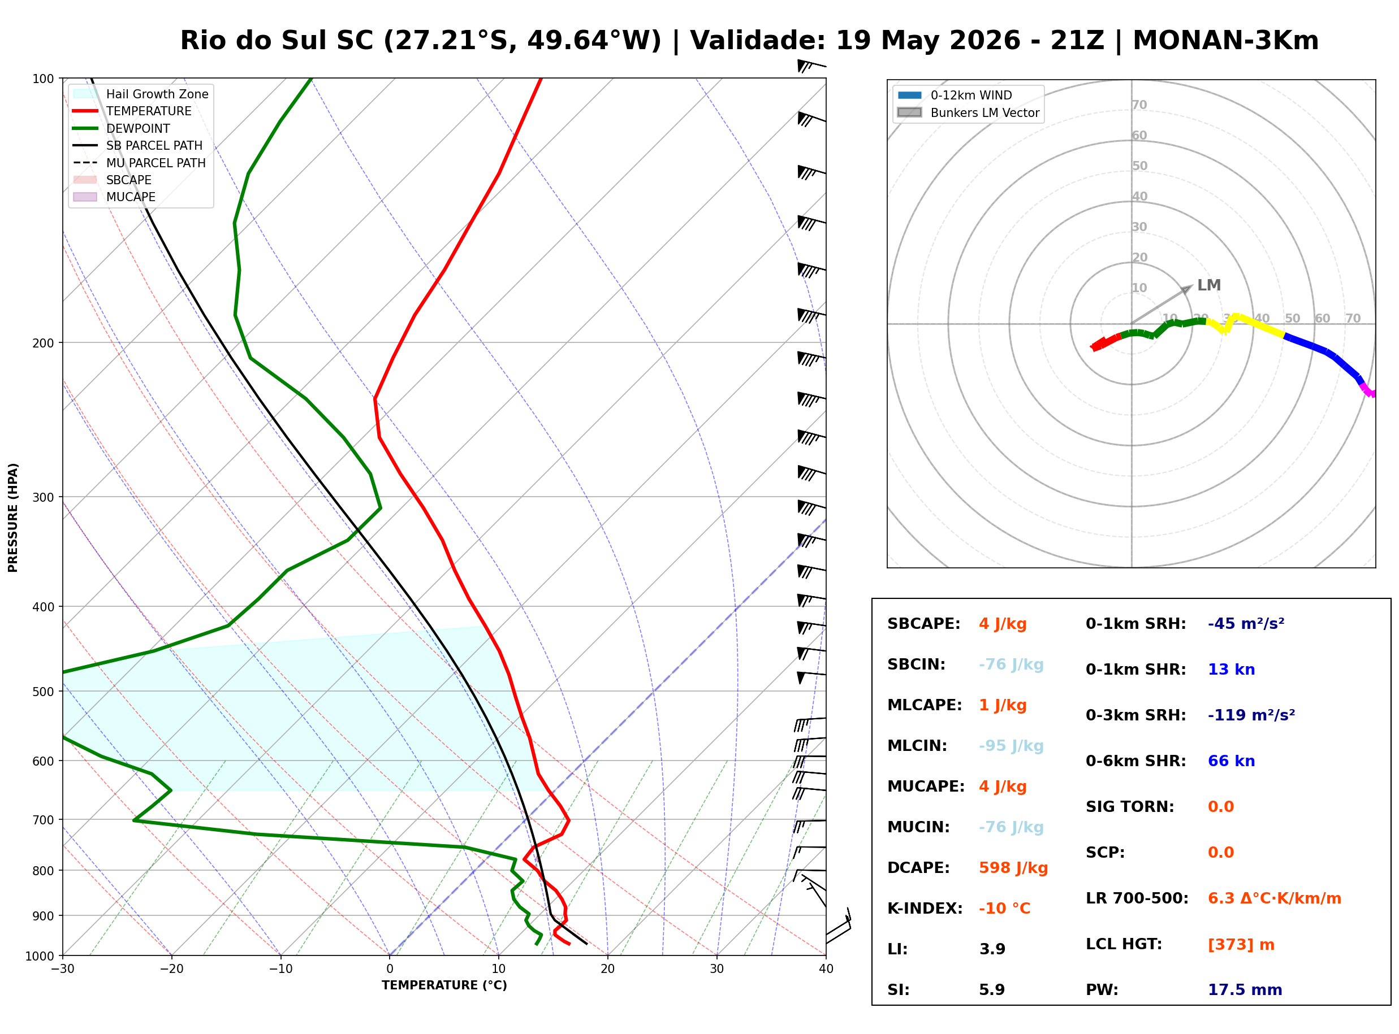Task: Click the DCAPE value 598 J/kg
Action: (x=1013, y=868)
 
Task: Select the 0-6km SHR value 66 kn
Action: (x=1231, y=761)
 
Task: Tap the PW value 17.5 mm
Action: (x=1245, y=990)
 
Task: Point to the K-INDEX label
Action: (x=925, y=909)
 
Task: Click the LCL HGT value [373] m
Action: (x=1241, y=945)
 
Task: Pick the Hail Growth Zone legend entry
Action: (x=140, y=94)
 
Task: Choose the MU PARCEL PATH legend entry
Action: (x=139, y=163)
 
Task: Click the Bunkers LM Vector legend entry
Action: (x=968, y=112)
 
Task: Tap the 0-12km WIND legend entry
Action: (x=955, y=95)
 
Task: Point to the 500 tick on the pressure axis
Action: (x=44, y=692)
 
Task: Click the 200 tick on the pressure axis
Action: (x=44, y=343)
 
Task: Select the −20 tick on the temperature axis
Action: (x=171, y=969)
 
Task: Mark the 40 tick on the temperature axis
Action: (x=826, y=969)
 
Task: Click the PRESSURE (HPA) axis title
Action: (x=13, y=518)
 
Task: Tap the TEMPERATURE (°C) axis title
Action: (x=444, y=985)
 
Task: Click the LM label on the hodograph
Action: (x=1208, y=285)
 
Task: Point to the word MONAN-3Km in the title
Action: (x=1225, y=40)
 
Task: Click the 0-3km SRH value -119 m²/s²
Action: (x=1251, y=715)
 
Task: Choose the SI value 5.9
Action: (x=992, y=990)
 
